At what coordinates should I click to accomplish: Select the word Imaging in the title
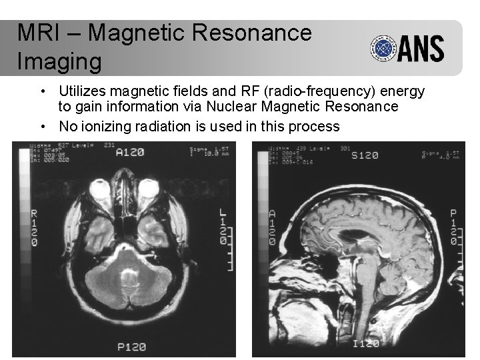point(59,61)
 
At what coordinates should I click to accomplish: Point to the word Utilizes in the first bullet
point(83,91)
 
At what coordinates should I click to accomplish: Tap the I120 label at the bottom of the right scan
point(365,343)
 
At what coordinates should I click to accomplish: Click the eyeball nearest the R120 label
point(102,191)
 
